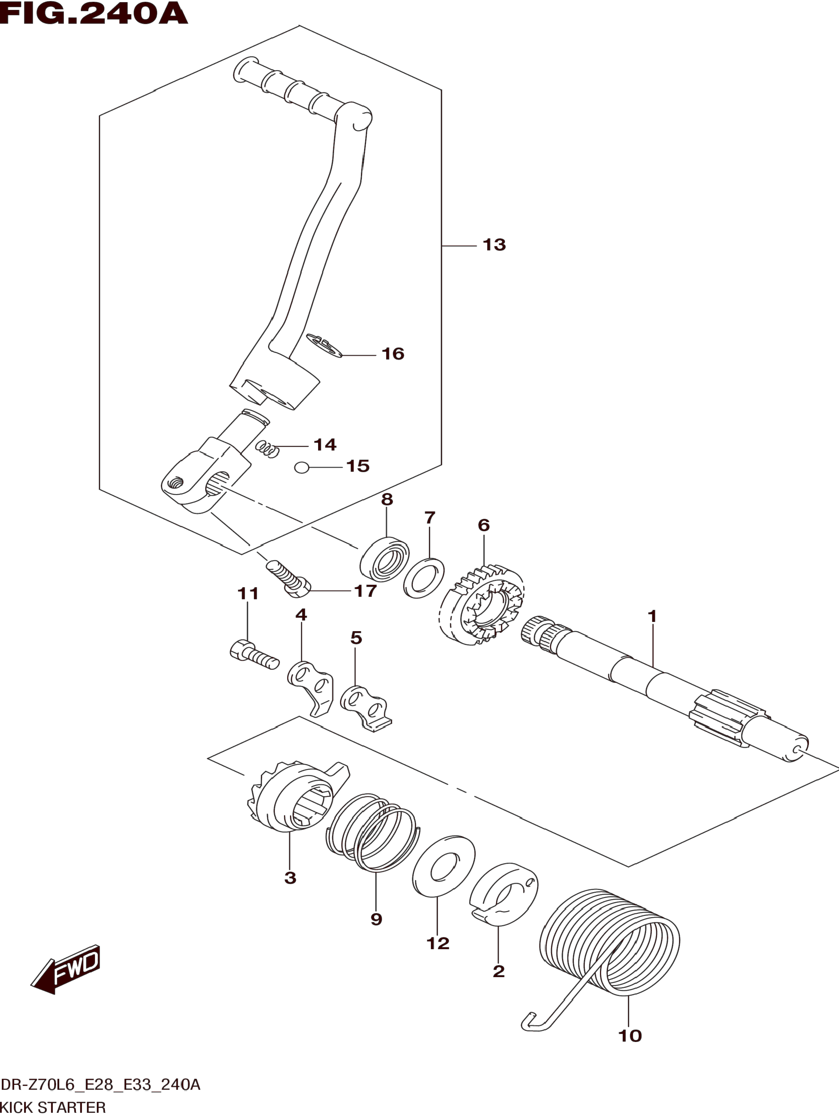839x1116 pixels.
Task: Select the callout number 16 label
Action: [393, 354]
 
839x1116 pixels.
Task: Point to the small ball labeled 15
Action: [301, 468]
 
